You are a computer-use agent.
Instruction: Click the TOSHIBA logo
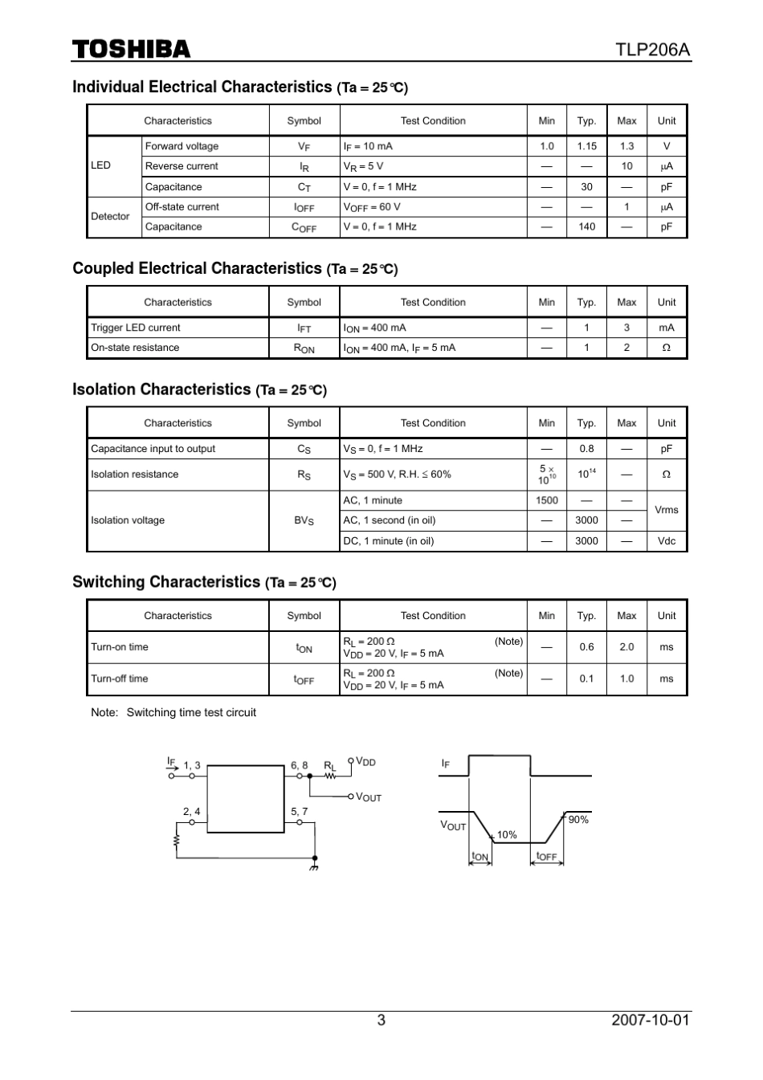132,50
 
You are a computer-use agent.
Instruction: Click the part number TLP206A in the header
652,50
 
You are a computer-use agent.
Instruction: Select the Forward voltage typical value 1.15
586,146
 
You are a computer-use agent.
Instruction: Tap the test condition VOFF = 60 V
372,207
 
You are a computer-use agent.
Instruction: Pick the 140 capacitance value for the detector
586,227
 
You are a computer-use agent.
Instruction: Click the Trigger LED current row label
136,328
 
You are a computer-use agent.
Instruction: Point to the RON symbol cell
304,348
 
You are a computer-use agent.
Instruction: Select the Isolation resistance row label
135,475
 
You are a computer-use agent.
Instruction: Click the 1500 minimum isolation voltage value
546,500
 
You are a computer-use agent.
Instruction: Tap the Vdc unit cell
666,541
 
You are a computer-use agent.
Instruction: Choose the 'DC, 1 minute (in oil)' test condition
388,541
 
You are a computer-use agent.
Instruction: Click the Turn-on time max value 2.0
626,647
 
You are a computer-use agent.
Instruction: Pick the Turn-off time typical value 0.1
586,679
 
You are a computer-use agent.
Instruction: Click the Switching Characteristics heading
166,582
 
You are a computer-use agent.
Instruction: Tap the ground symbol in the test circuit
314,867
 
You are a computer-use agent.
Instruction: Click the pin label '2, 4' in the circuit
192,812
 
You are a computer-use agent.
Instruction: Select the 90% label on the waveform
578,820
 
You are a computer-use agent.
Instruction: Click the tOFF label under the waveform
546,857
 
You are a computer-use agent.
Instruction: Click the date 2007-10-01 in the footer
650,1021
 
